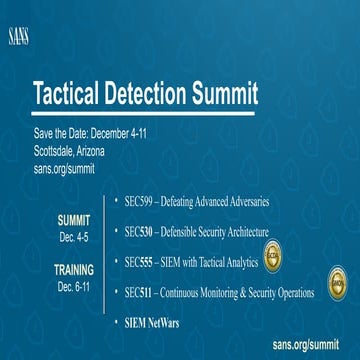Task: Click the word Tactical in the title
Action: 73,96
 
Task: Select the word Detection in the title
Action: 150,96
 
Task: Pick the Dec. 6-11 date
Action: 73,286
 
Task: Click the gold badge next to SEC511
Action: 338,283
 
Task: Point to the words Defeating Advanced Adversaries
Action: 220,202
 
